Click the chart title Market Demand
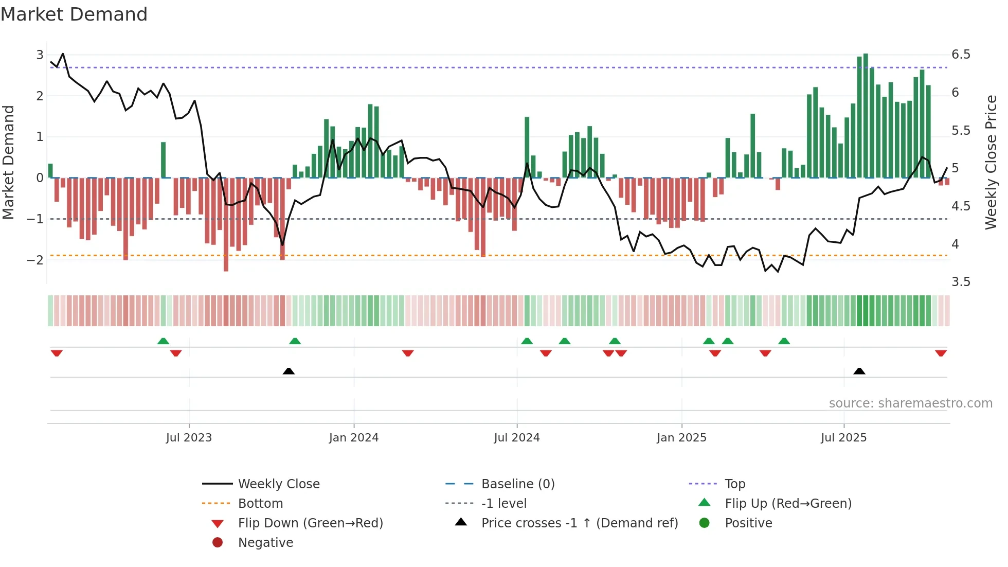click(x=74, y=14)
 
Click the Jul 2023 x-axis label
click(x=189, y=438)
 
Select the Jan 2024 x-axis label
click(x=354, y=438)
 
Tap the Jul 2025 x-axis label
click(x=843, y=438)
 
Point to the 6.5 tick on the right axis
click(x=961, y=55)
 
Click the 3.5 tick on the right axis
click(x=961, y=282)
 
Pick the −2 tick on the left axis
click(x=35, y=260)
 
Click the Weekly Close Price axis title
click(x=991, y=162)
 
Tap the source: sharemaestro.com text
click(x=910, y=403)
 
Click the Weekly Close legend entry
click(x=278, y=484)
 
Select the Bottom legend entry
click(x=260, y=504)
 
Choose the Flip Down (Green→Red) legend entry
click(x=310, y=523)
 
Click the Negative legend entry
click(x=265, y=543)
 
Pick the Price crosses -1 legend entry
click(x=579, y=523)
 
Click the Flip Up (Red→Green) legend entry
click(x=788, y=504)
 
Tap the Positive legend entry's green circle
click(x=705, y=523)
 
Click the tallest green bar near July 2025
click(x=866, y=116)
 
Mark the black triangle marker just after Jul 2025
click(x=859, y=371)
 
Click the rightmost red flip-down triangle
click(x=941, y=353)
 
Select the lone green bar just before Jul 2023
click(x=163, y=160)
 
